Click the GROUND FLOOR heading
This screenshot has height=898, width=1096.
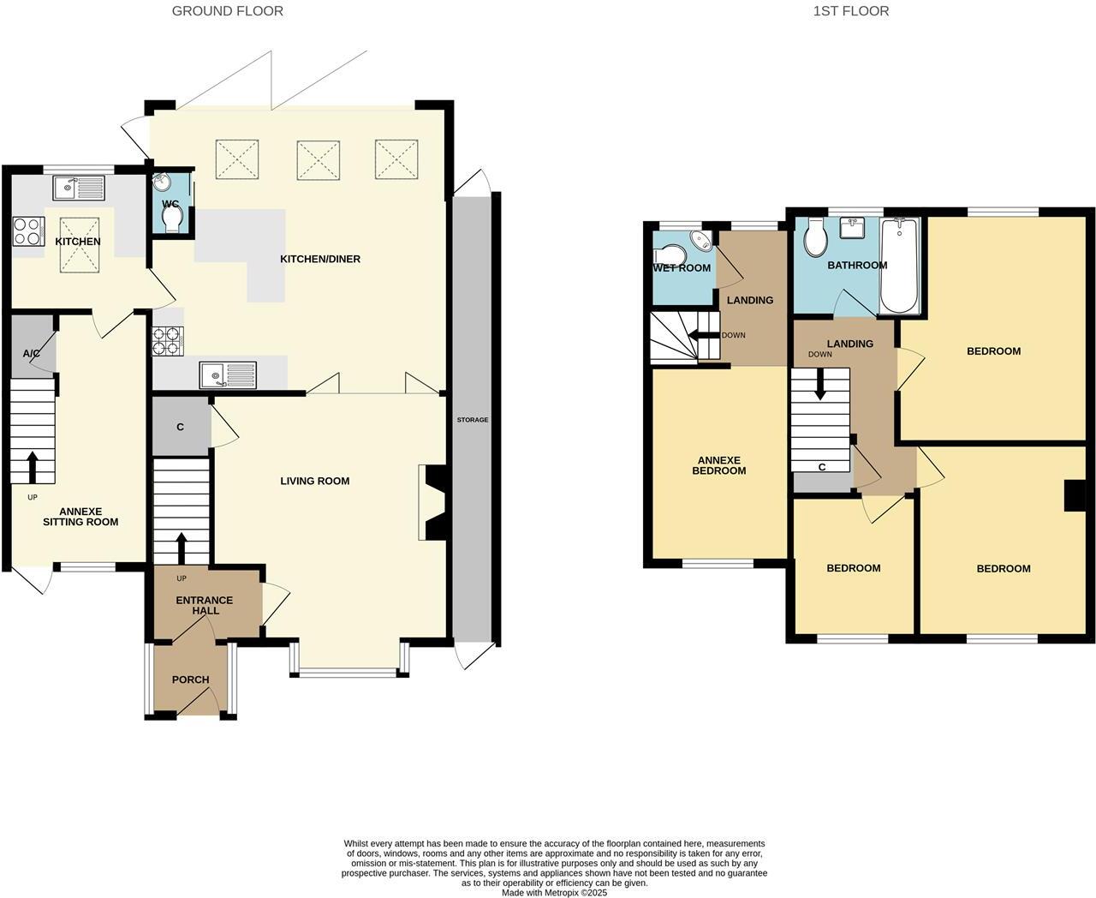coord(227,11)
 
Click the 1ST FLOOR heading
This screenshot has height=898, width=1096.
coord(850,11)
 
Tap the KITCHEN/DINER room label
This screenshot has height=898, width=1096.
coord(320,259)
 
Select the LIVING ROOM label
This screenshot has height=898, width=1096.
coord(314,481)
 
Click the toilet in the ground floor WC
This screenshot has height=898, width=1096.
coord(172,220)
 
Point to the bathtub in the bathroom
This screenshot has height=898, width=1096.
coord(899,266)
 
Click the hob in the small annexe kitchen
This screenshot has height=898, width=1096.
coord(28,230)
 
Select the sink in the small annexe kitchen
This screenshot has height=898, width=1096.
coord(78,188)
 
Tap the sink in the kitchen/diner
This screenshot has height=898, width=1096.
coord(227,374)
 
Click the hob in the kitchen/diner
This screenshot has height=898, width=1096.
coord(168,341)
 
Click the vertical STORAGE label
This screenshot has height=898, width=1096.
coord(472,419)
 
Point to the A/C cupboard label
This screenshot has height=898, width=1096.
coord(32,354)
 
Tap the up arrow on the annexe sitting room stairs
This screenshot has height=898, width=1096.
coord(33,467)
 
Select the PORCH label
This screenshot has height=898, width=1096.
coord(190,679)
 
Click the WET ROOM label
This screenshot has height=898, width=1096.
coord(682,268)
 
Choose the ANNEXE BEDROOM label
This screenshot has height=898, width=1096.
coord(719,465)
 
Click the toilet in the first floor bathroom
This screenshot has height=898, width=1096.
coord(813,238)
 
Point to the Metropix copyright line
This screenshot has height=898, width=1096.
coord(554,892)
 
